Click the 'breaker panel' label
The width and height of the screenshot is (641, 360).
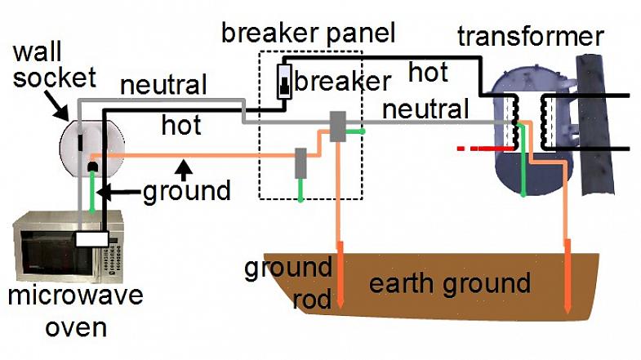click(308, 33)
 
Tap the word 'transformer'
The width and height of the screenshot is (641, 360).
click(530, 37)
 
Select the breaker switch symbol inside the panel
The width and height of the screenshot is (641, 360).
click(284, 82)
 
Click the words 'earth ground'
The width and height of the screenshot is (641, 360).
click(450, 284)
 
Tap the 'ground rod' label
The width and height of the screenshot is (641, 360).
click(288, 282)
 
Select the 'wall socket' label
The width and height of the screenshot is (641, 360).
click(54, 66)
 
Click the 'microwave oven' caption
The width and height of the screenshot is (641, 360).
click(75, 309)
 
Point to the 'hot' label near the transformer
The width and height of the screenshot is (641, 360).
click(428, 73)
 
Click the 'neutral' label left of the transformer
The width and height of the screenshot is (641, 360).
click(425, 109)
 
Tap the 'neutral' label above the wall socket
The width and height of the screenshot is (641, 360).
click(163, 84)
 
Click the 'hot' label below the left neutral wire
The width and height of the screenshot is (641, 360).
click(181, 125)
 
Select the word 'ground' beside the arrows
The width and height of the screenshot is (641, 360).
click(186, 191)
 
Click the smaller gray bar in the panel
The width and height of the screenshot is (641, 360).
click(300, 162)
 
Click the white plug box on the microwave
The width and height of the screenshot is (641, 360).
click(91, 239)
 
